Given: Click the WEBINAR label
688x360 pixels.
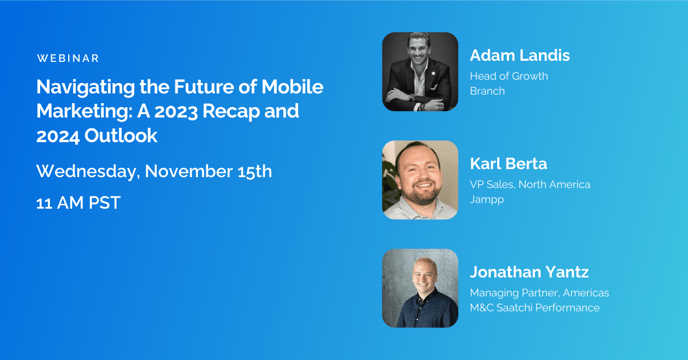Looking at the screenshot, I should pos(68,58).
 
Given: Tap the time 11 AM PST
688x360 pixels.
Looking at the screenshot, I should pos(78,202).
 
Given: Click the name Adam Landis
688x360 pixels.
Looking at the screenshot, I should pos(519,56).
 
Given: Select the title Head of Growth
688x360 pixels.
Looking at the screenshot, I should pos(509,76).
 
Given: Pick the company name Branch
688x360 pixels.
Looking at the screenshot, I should pos(487,91).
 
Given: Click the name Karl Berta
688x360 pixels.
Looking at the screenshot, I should pos(508,164).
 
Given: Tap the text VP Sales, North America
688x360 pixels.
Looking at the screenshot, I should pos(530,184).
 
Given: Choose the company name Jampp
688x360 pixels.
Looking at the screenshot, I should pos(487,199).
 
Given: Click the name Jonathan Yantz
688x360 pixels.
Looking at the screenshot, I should pos(529,272).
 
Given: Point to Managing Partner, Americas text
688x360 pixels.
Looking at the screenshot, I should pos(539,292).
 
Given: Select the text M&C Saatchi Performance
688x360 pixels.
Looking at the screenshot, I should pos(534,308).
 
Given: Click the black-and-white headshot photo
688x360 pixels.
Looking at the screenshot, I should pos(420,72).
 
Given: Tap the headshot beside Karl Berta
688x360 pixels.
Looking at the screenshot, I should pos(420,180).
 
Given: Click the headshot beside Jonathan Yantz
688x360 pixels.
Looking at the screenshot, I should pos(420,288).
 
